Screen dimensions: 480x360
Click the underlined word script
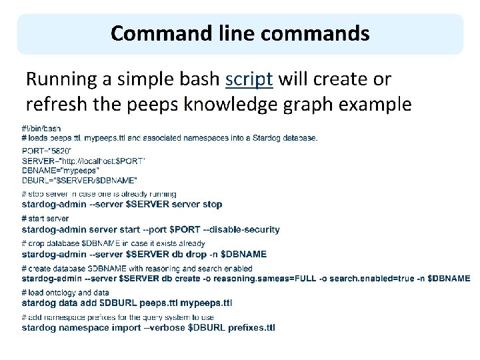click(x=249, y=79)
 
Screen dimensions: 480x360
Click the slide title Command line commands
click(x=240, y=33)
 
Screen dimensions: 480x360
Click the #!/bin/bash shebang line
click(x=41, y=128)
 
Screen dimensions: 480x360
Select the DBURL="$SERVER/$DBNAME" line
click(x=80, y=180)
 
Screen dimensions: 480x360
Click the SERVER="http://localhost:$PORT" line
click(x=84, y=161)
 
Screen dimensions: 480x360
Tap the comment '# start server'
click(x=45, y=219)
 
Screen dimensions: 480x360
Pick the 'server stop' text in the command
click(x=199, y=204)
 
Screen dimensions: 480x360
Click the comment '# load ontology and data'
click(x=66, y=293)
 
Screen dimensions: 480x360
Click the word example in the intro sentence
click(x=381, y=105)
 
